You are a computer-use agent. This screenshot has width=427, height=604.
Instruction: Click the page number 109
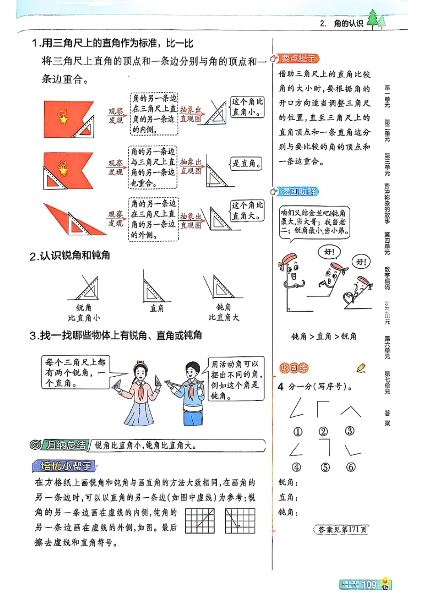(369, 585)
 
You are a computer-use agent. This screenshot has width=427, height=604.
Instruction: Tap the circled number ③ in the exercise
(350, 431)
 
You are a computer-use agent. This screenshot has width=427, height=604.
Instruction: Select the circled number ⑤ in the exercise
(326, 467)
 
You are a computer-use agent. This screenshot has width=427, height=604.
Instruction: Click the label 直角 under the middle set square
(157, 308)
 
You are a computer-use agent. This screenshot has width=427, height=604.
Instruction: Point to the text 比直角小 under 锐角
(83, 317)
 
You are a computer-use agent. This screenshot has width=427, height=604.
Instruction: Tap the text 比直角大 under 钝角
(224, 317)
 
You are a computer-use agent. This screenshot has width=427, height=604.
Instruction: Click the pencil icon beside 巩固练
(361, 367)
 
